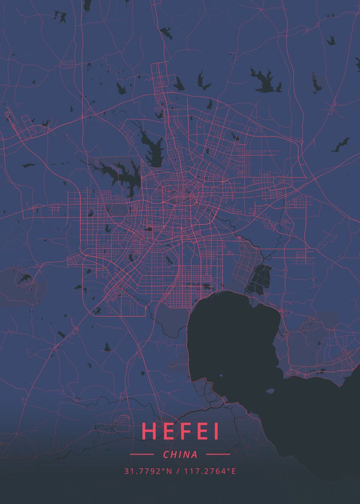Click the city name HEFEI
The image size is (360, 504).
(x=180, y=431)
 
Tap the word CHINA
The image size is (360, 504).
(x=180, y=454)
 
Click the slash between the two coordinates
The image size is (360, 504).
(x=178, y=471)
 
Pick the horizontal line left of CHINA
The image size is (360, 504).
(x=142, y=454)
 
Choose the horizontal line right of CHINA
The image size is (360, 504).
(x=218, y=454)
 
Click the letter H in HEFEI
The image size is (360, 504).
(x=149, y=431)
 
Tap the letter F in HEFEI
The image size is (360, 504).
(x=182, y=431)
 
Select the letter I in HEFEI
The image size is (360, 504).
(x=216, y=431)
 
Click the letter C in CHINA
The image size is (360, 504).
(x=166, y=454)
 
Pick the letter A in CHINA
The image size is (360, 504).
(x=194, y=454)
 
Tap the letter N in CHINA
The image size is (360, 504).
(x=187, y=454)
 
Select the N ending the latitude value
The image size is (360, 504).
(x=170, y=471)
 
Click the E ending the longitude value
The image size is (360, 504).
(x=234, y=471)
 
